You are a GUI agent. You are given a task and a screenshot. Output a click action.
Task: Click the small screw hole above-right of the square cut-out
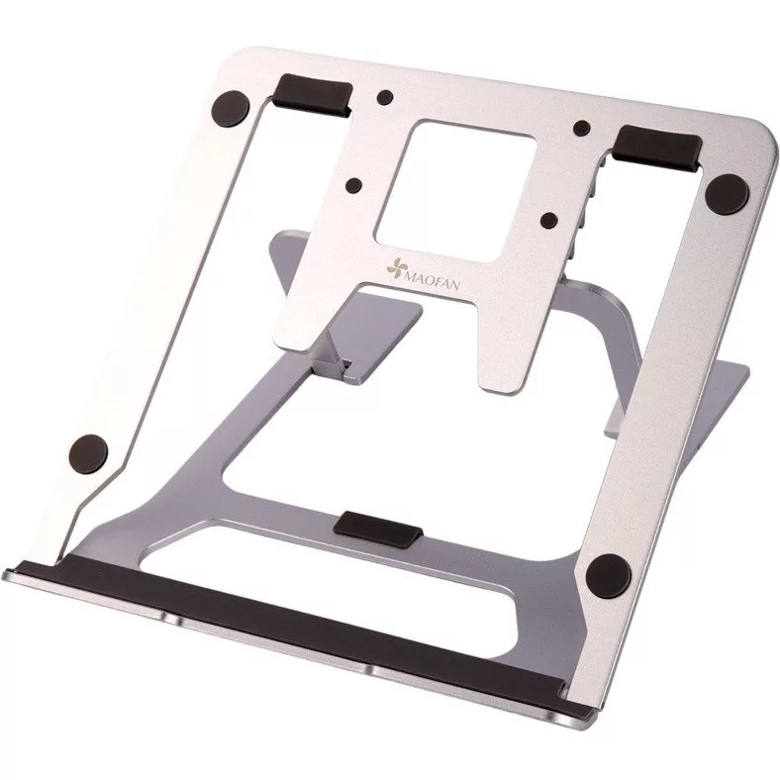[582, 128]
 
